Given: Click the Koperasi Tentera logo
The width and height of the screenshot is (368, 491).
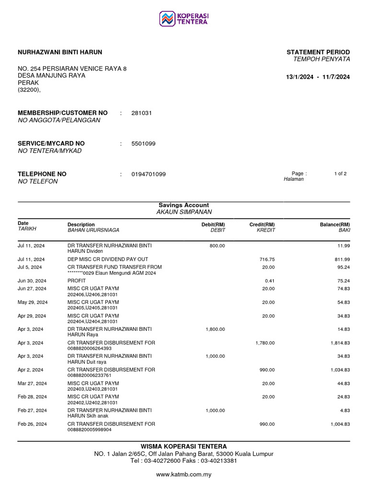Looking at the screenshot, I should (x=184, y=19).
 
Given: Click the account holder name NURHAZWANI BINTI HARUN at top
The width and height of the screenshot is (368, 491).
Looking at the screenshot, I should (x=60, y=52).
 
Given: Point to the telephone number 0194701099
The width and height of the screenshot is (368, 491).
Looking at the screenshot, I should (x=149, y=175).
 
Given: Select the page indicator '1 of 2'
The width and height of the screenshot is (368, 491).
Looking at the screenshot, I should (x=340, y=174).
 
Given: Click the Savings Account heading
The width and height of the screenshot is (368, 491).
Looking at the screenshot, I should (x=184, y=205).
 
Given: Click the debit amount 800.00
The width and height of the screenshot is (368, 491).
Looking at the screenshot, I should (x=217, y=246).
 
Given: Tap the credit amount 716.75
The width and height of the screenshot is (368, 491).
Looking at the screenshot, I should (x=267, y=259).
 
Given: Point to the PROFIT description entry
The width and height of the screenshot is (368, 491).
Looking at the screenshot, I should (x=76, y=281).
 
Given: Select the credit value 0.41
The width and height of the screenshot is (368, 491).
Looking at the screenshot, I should (x=270, y=281).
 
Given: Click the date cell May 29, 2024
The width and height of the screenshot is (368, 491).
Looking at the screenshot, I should (x=32, y=302).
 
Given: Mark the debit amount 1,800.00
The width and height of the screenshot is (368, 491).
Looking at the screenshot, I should (x=215, y=329).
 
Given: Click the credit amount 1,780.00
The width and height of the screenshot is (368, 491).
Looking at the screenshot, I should (x=264, y=343).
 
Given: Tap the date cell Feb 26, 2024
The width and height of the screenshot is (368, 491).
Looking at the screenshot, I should (x=32, y=424).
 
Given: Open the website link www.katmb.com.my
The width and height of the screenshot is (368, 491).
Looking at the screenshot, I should (x=184, y=475).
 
